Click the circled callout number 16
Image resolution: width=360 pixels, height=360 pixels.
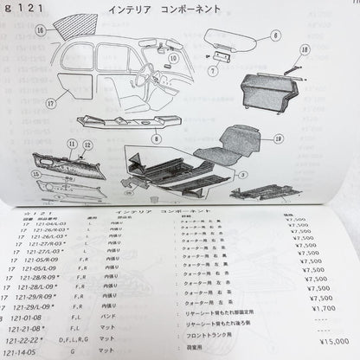(41, 29)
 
